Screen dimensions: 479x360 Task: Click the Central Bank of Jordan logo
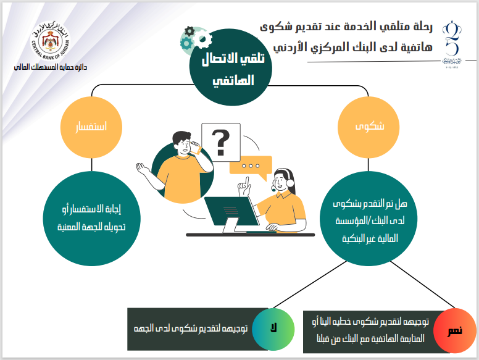tap(51, 41)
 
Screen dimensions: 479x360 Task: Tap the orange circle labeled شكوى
tap(369, 127)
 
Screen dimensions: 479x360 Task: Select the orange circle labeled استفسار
tap(91, 127)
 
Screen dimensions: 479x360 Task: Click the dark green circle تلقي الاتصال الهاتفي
tap(231, 67)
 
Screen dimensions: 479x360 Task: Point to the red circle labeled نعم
tap(455, 330)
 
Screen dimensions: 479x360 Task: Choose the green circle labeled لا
tap(273, 329)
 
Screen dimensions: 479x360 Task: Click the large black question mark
tap(221, 143)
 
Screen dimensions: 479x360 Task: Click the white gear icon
tap(202, 39)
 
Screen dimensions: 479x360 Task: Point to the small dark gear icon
tap(190, 31)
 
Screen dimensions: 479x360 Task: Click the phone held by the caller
tap(196, 148)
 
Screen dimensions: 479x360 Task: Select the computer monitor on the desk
tap(231, 214)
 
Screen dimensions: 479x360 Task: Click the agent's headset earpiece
tap(289, 183)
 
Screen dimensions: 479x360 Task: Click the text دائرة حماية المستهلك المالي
tap(51, 67)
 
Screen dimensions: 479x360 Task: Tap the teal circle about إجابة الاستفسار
tap(91, 219)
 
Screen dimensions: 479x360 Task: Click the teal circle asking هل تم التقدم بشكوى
tap(369, 219)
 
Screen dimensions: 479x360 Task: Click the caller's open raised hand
tap(143, 169)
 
